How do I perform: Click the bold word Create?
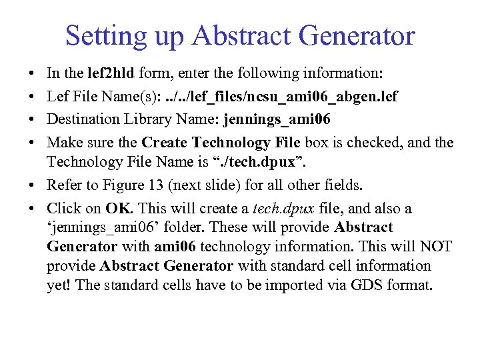165,143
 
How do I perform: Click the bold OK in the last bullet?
117,208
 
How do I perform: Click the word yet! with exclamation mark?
59,285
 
